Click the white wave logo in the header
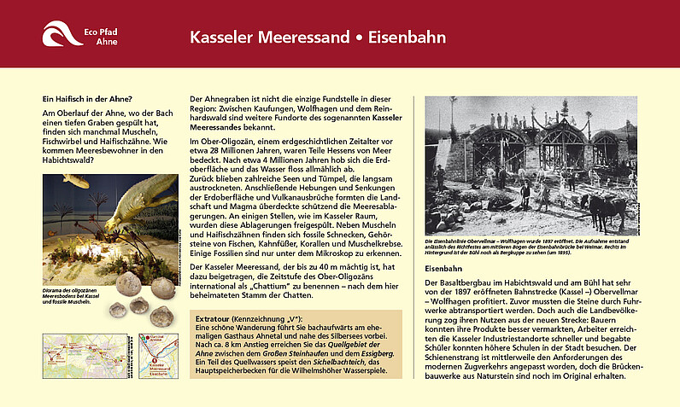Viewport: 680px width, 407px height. (x=62, y=34)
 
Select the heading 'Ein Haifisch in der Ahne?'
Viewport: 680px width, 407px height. (x=89, y=98)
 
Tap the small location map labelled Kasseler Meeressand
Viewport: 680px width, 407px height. (x=157, y=356)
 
